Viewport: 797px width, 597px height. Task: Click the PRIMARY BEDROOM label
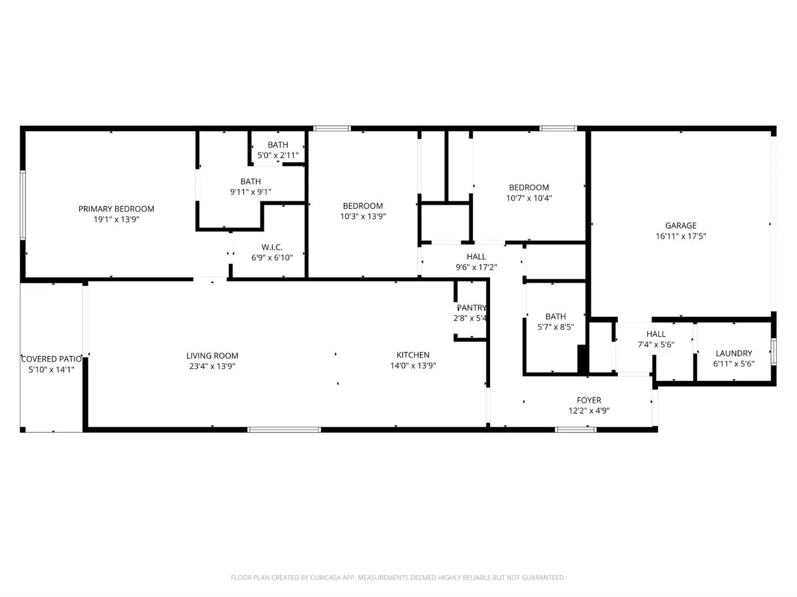116,209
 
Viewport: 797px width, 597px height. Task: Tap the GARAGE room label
681,226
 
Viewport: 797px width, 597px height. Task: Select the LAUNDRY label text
734,353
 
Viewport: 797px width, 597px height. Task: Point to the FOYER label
589,400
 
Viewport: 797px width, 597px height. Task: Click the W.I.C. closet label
272,247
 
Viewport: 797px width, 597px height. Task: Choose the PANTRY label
471,308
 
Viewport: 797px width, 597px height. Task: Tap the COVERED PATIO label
51,359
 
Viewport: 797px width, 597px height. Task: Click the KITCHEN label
413,355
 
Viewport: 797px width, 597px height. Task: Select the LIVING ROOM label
212,356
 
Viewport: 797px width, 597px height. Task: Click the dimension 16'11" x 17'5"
681,236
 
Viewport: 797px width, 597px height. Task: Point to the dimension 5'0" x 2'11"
278,155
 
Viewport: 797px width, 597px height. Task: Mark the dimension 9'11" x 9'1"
251,192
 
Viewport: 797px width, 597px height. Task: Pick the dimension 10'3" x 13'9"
363,216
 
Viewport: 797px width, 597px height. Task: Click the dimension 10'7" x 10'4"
529,198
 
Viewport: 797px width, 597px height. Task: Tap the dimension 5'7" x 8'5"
556,327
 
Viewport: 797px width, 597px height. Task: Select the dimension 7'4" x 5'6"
656,344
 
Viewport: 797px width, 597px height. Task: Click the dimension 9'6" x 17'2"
476,267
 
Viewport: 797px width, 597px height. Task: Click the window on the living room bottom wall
284,429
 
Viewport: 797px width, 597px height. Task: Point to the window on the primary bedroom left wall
23,205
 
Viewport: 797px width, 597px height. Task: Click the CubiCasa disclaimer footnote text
398,578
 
